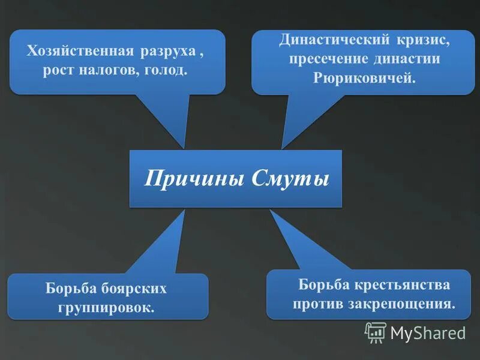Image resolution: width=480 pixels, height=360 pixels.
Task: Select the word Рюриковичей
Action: (364, 79)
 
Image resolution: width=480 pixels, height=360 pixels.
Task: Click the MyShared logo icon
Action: (376, 332)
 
